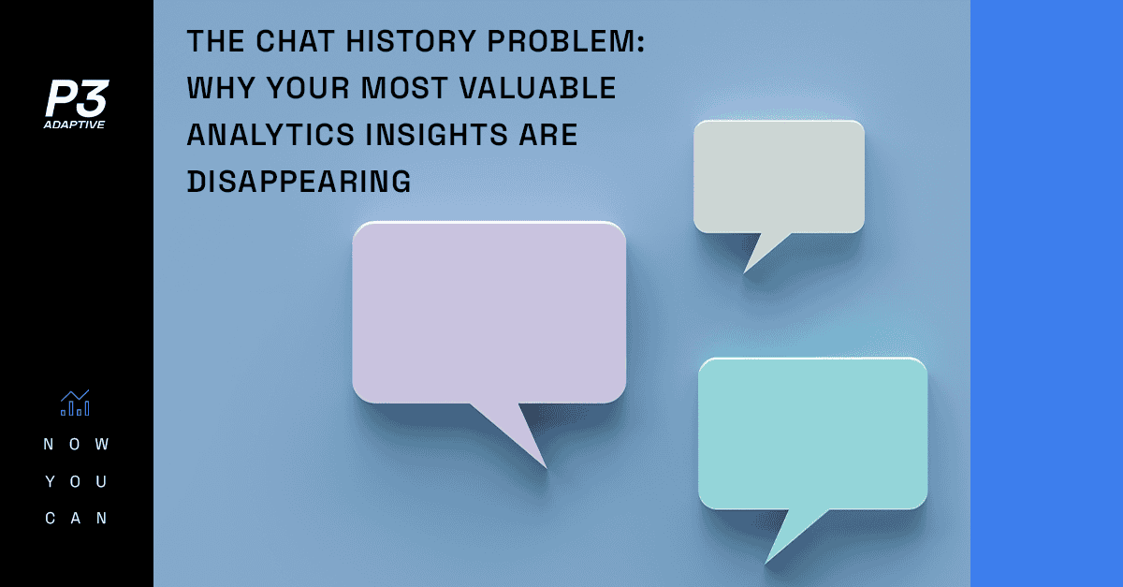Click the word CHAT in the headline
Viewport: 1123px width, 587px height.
[x=295, y=41]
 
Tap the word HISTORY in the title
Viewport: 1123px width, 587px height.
[x=411, y=41]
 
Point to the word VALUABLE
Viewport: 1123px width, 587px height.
[x=537, y=88]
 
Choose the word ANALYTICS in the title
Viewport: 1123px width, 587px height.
[x=270, y=135]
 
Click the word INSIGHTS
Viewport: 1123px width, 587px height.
[x=437, y=135]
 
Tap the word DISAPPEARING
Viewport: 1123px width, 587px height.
[x=299, y=181]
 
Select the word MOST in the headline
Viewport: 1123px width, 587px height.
[x=404, y=88]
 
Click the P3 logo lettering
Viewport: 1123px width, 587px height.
[x=77, y=98]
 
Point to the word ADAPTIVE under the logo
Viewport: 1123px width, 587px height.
[x=74, y=125]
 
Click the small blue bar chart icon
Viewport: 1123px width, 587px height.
[x=75, y=403]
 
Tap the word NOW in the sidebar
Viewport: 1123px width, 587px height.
[x=76, y=444]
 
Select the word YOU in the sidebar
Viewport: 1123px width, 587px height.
[x=76, y=481]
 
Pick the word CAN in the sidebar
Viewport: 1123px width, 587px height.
[x=76, y=519]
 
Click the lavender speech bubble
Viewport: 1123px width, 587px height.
[x=489, y=312]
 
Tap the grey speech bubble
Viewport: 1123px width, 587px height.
[x=779, y=177]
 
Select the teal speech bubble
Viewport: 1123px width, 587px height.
[x=812, y=433]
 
